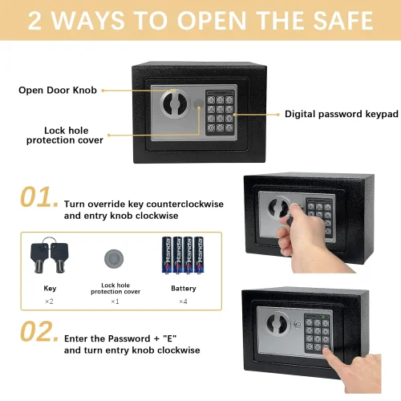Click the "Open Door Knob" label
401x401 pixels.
58,90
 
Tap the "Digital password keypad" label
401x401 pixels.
342,114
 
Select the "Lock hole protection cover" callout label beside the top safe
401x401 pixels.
65,136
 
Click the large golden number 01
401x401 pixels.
39,196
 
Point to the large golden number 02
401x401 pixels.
39,331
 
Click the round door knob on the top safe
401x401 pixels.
175,103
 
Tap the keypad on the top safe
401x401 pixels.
221,112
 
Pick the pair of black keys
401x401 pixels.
50,254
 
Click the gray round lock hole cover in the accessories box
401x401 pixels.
114,259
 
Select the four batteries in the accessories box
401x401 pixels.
183,255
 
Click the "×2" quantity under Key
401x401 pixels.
49,302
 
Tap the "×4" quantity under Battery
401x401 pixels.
183,302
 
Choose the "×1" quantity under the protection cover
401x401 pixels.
115,302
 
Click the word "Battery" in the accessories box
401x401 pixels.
184,288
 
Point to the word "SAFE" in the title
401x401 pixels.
343,21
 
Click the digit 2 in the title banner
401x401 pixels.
34,21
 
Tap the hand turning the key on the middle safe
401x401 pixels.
307,238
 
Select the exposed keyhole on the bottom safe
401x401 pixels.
298,325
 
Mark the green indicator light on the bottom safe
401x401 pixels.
323,317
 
